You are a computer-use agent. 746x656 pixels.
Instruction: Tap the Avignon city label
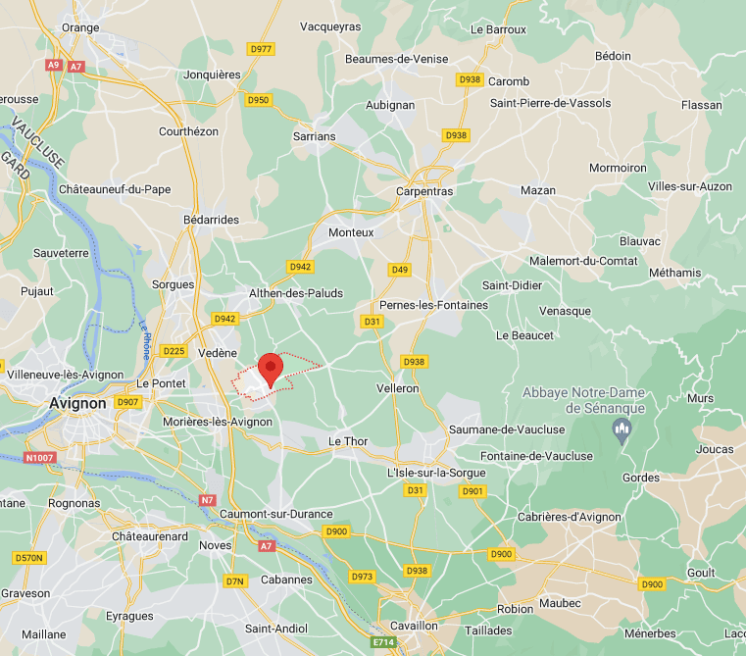pyautogui.click(x=77, y=402)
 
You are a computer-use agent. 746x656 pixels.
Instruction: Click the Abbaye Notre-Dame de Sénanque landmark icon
pyautogui.click(x=620, y=429)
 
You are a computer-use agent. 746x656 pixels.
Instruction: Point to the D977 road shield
pyautogui.click(x=261, y=48)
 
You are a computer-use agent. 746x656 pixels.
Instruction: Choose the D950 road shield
pyautogui.click(x=259, y=100)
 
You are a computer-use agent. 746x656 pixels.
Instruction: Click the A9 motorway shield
pyautogui.click(x=53, y=65)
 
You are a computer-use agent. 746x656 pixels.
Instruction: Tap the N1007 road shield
pyautogui.click(x=39, y=458)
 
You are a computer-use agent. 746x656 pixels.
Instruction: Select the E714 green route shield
pyautogui.click(x=384, y=642)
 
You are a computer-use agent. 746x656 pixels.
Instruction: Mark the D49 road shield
pyautogui.click(x=399, y=270)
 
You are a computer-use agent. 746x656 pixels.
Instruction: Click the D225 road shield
pyautogui.click(x=174, y=351)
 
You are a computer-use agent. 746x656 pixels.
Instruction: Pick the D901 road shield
pyautogui.click(x=472, y=490)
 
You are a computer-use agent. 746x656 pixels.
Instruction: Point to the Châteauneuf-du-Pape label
pyautogui.click(x=115, y=188)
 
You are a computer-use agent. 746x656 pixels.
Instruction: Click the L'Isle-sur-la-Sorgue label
pyautogui.click(x=436, y=473)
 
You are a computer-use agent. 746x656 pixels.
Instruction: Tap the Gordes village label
pyautogui.click(x=642, y=478)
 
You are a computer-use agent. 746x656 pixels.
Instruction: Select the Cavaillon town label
pyautogui.click(x=414, y=625)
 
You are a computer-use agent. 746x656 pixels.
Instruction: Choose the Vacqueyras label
pyautogui.click(x=330, y=26)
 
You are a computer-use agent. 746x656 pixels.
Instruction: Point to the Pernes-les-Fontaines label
pyautogui.click(x=433, y=305)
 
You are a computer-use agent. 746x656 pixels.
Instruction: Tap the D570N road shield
pyautogui.click(x=29, y=558)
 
